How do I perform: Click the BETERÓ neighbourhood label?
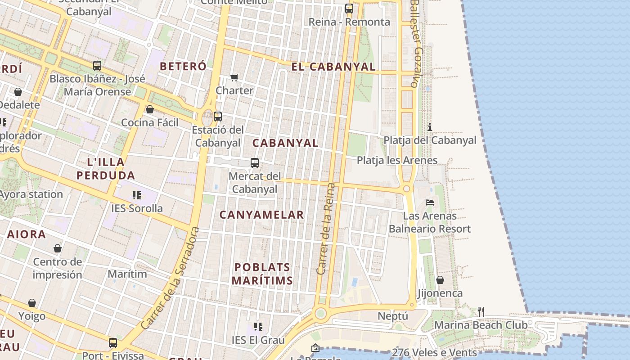[183, 66]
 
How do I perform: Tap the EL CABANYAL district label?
[333, 67]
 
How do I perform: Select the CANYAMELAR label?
[261, 215]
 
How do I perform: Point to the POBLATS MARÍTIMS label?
[262, 274]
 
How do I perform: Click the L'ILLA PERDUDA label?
[106, 168]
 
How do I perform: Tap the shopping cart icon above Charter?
[234, 78]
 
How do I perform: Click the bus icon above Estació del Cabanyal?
[218, 116]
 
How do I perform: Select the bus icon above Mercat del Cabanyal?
[255, 163]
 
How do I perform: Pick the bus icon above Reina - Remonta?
[349, 8]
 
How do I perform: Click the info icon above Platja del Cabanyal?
[430, 127]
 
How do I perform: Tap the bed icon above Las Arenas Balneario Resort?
[430, 202]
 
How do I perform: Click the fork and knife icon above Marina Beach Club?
[481, 311]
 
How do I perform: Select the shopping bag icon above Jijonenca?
[440, 280]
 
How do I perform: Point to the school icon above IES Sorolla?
[137, 195]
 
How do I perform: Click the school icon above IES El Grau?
[258, 326]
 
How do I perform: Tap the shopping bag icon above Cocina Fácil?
[150, 109]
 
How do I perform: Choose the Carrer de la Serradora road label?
[170, 278]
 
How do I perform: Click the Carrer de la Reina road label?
[326, 229]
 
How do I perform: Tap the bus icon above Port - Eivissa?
[112, 343]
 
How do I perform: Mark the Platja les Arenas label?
[397, 160]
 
